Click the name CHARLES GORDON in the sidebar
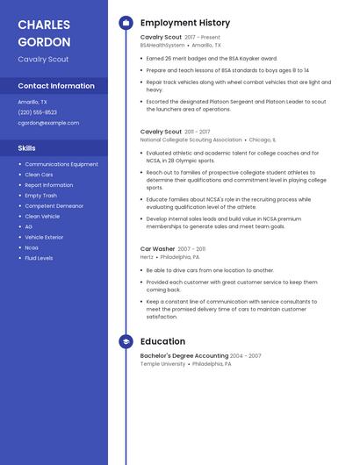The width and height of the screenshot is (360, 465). [x=43, y=32]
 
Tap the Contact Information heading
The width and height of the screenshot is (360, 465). [x=56, y=86]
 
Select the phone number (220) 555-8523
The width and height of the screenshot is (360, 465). [x=38, y=112]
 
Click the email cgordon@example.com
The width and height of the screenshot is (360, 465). [x=48, y=123]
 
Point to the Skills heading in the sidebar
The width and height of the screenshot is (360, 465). [x=27, y=148]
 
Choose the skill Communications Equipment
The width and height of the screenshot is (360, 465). [x=61, y=164]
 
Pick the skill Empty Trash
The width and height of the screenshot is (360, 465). [x=41, y=196]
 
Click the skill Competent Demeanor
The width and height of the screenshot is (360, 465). [x=54, y=206]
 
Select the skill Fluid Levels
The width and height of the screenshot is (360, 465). [x=39, y=258]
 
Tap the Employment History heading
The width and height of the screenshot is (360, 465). [x=185, y=23]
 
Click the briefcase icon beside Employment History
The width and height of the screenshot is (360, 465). [x=126, y=23]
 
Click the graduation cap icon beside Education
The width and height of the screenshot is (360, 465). [x=126, y=341]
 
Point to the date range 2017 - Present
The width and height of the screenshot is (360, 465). [x=202, y=38]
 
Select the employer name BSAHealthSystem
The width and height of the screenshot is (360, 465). [x=162, y=45]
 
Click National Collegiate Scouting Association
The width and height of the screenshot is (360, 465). [x=191, y=139]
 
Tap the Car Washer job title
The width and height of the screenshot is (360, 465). [x=158, y=249]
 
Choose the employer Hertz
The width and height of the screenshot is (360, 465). [x=147, y=257]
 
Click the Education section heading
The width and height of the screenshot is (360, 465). [x=162, y=341]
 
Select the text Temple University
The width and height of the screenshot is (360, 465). [x=162, y=363]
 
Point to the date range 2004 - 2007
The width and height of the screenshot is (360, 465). [x=246, y=356]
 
